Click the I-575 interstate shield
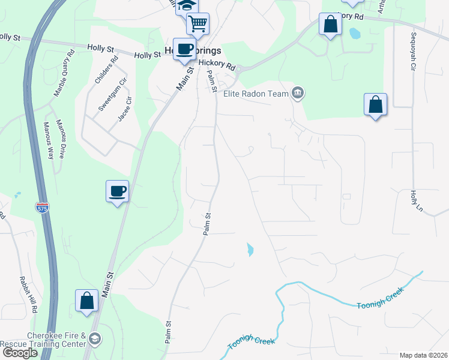pyautogui.click(x=46, y=208)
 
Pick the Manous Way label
pyautogui.click(x=47, y=140)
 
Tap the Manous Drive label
pyautogui.click(x=61, y=133)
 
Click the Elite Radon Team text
pyautogui.click(x=257, y=93)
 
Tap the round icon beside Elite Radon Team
pyautogui.click(x=297, y=93)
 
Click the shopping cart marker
pyautogui.click(x=197, y=24)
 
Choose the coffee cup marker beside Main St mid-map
pyautogui.click(x=118, y=191)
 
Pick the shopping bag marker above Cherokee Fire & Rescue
pyautogui.click(x=86, y=301)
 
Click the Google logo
pyautogui.click(x=19, y=353)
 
